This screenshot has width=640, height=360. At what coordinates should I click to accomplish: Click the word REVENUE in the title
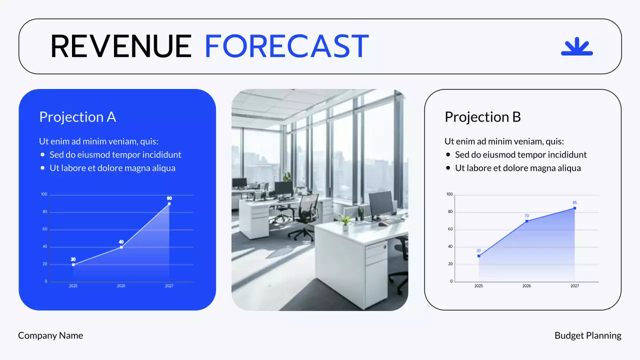[x=121, y=46]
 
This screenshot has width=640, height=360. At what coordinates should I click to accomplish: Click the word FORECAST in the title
[x=286, y=46]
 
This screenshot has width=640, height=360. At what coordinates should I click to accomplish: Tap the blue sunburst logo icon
[x=576, y=47]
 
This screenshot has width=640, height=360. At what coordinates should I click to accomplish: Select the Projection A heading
[x=77, y=117]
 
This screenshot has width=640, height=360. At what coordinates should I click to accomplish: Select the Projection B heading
[x=482, y=117]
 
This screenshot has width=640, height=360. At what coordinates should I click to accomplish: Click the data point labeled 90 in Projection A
[x=169, y=203]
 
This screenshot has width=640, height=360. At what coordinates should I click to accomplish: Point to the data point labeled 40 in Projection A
[x=121, y=247]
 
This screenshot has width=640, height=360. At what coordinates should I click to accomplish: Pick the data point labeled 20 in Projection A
[x=73, y=264]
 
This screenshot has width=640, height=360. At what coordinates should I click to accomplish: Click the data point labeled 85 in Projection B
[x=574, y=208]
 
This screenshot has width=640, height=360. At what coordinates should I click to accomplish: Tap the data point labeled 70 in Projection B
[x=526, y=221]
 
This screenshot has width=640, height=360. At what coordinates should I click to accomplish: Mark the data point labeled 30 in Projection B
[x=478, y=256]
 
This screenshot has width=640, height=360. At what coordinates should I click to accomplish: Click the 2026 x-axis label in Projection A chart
[x=121, y=286]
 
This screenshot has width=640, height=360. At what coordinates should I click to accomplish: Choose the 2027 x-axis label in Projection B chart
[x=574, y=286]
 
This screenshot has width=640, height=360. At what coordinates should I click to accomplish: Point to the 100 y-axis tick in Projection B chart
[x=449, y=194]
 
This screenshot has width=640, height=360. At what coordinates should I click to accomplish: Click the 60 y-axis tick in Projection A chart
[x=45, y=229]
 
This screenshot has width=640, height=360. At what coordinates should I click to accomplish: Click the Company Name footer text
[x=50, y=335]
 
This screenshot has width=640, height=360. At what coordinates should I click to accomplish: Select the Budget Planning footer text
[x=587, y=335]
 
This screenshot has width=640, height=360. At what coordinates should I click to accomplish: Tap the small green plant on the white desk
[x=344, y=221]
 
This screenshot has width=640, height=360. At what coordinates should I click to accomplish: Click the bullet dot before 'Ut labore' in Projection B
[x=448, y=168]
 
